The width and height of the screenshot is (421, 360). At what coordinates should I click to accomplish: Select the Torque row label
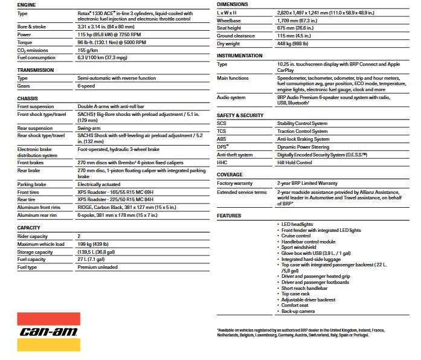pyautogui.click(x=25, y=43)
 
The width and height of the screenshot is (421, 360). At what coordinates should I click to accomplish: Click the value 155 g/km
pyautogui.click(x=91, y=50)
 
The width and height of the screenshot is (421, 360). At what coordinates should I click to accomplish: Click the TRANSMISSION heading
pyautogui.click(x=36, y=70)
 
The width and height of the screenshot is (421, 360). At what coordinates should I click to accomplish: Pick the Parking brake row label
pyautogui.click(x=33, y=184)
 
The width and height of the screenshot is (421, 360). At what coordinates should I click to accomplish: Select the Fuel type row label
pyautogui.click(x=28, y=267)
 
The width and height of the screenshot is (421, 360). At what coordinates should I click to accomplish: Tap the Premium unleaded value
pyautogui.click(x=98, y=267)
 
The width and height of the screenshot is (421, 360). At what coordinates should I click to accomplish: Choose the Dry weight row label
pyautogui.click(x=229, y=43)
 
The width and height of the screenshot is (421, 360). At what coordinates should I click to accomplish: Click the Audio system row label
pyautogui.click(x=231, y=97)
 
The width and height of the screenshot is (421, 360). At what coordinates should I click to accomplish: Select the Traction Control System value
pyautogui.click(x=303, y=131)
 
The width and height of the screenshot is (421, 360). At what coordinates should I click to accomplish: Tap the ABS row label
pyautogui.click(x=222, y=138)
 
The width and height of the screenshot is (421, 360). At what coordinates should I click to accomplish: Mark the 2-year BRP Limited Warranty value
pyautogui.click(x=307, y=184)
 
